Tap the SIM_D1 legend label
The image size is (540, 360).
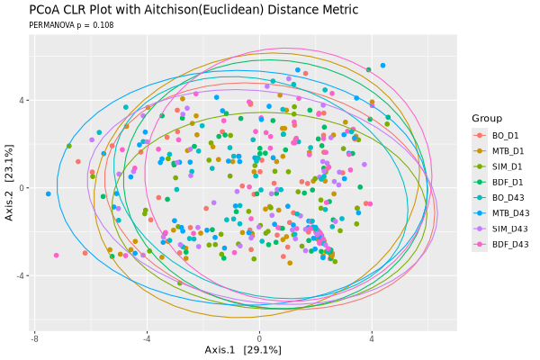(x=508, y=166)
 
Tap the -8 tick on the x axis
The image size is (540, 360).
(x=34, y=338)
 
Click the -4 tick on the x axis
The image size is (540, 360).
(x=147, y=338)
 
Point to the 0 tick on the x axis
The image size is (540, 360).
(x=259, y=338)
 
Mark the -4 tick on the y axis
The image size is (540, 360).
(x=22, y=275)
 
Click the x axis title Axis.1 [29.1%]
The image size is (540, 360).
(x=243, y=350)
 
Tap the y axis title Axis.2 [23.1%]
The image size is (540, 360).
(x=9, y=183)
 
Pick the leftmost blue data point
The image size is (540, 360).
(x=49, y=194)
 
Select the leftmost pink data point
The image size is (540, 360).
(x=56, y=256)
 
